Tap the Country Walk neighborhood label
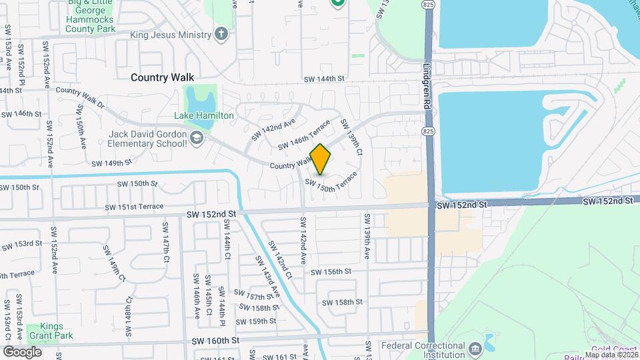[162, 77]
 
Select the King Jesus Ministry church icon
[222, 34]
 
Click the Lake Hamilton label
[204, 115]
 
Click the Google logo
[22, 351]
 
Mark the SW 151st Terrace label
[134, 207]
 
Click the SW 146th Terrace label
[304, 135]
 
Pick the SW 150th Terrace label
[331, 186]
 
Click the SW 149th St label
[111, 163]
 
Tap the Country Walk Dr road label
[81, 97]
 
